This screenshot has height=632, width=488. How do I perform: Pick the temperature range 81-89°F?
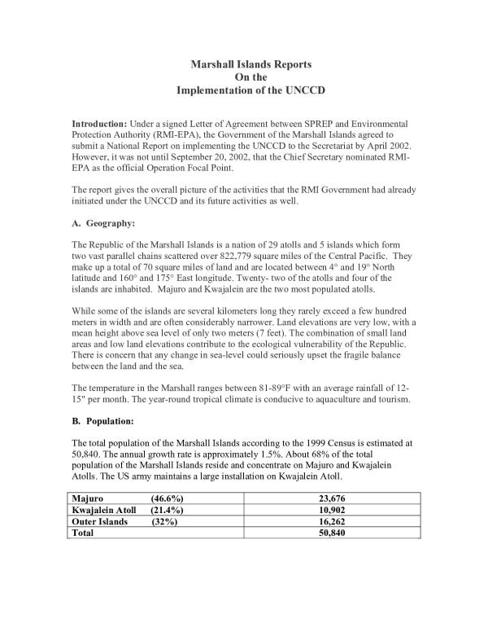[x=240, y=388]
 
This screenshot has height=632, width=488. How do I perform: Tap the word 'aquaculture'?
[x=329, y=400]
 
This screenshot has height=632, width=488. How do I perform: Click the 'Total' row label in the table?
[x=83, y=533]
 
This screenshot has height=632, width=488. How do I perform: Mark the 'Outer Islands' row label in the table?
[x=100, y=520]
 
